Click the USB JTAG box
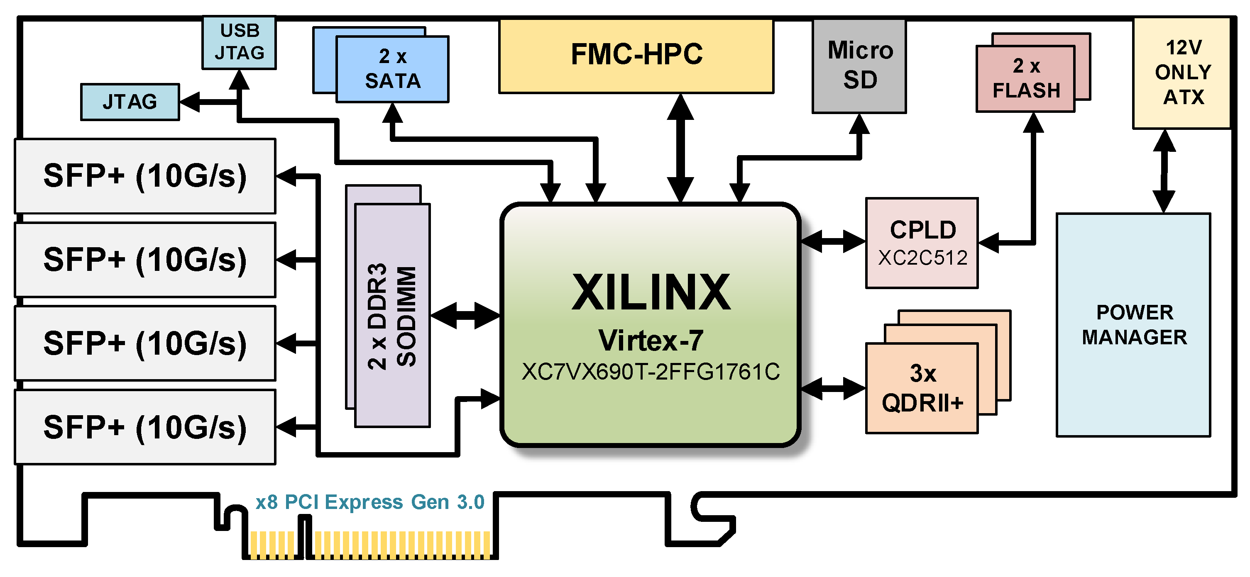click(x=239, y=42)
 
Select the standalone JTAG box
click(x=130, y=102)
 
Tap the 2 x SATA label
click(x=393, y=69)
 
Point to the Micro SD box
click(x=859, y=66)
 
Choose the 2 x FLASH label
click(x=1026, y=78)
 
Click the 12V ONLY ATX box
click(x=1183, y=73)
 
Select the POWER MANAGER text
click(x=1135, y=324)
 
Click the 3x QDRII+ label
click(x=922, y=388)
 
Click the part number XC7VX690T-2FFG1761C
click(x=651, y=372)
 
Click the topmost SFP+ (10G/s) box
click(x=145, y=176)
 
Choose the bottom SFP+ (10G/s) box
click(x=145, y=427)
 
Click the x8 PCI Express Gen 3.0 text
click(x=370, y=502)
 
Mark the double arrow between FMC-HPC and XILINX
click(x=680, y=148)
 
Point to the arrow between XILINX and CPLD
click(x=833, y=241)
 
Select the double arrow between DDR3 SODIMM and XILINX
click(x=465, y=316)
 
